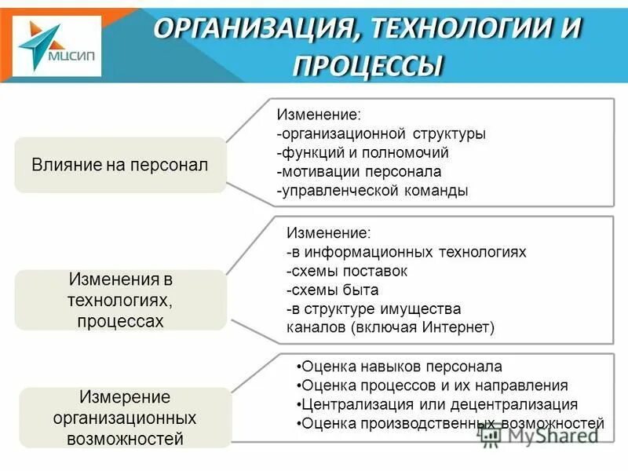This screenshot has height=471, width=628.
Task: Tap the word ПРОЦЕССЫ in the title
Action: [x=368, y=64]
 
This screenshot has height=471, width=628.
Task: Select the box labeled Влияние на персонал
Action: [x=119, y=165]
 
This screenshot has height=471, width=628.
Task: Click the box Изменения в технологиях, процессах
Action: [x=119, y=300]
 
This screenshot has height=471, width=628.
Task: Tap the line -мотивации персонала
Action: [x=359, y=171]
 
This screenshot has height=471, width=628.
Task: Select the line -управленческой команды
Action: [x=372, y=190]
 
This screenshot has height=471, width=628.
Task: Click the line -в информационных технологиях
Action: [x=406, y=252]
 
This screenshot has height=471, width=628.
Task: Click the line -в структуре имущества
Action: [x=374, y=309]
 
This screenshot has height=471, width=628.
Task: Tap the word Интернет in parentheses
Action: [x=458, y=327]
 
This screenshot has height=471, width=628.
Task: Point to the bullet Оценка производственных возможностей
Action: [x=451, y=424]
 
